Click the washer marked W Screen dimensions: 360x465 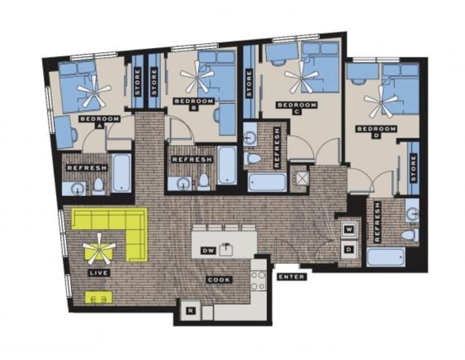[x=348, y=230]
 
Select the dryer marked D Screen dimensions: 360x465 [x=348, y=249]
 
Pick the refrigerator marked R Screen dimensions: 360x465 [x=190, y=310]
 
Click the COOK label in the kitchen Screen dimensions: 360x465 [x=219, y=279]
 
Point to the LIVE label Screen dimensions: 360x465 [x=98, y=273]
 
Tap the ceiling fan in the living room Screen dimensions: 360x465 [x=99, y=248]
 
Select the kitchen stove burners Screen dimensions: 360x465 [x=258, y=280]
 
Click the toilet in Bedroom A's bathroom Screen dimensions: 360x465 [x=98, y=186]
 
